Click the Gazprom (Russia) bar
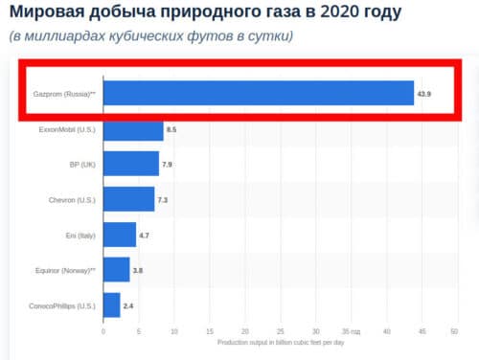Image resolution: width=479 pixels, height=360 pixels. [x=258, y=93]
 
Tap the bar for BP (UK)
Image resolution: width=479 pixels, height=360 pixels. [x=130, y=164]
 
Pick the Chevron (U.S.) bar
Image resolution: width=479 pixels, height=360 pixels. [x=128, y=199]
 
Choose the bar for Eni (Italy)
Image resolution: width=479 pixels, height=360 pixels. [x=120, y=235]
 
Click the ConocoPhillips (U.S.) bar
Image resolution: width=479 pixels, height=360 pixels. [x=111, y=305]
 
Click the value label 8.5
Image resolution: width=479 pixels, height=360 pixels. [x=171, y=128]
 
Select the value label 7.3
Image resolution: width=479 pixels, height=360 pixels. [x=163, y=199]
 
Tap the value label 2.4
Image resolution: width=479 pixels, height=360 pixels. [x=128, y=305]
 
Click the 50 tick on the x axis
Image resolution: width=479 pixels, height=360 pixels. [x=456, y=331]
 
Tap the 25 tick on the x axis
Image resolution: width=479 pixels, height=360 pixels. [x=280, y=331]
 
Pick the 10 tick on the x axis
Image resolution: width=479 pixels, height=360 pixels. [x=173, y=331]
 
